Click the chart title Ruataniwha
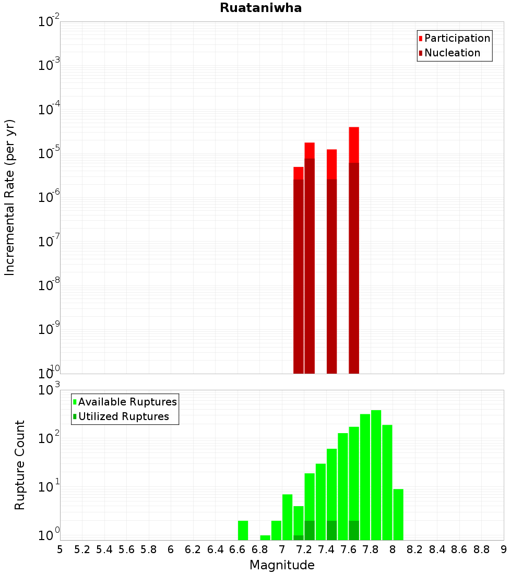click(x=260, y=8)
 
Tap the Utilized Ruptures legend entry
click(x=123, y=416)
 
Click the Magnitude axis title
click(x=282, y=565)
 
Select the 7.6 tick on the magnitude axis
click(x=349, y=549)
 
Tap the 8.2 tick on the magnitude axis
click(x=415, y=549)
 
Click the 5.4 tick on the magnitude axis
click(x=104, y=549)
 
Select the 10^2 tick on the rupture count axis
click(x=49, y=437)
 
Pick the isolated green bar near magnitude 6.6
click(x=243, y=530)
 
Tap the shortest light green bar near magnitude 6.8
click(x=265, y=537)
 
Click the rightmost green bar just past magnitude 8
click(x=398, y=514)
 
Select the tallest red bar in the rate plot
click(x=354, y=143)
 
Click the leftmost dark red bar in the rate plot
click(x=299, y=277)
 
